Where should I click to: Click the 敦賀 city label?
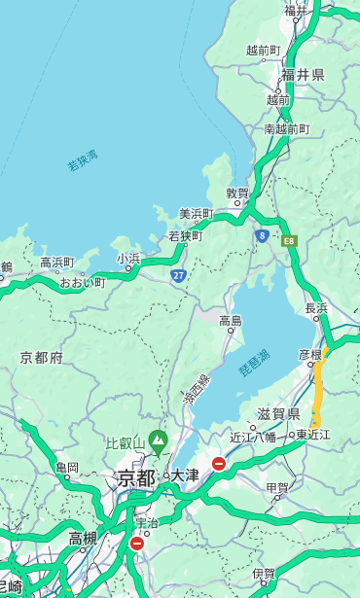click(237, 193)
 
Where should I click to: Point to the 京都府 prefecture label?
click(42, 358)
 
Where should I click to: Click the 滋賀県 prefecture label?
click(278, 414)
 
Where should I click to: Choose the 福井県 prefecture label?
click(303, 75)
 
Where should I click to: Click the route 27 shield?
click(179, 275)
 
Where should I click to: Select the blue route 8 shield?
click(262, 235)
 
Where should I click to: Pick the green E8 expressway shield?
click(288, 239)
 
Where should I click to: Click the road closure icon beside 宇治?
click(136, 544)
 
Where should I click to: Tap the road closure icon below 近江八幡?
click(219, 464)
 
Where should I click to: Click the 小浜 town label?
click(128, 259)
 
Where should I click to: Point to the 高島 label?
click(231, 321)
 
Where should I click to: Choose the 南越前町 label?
click(286, 128)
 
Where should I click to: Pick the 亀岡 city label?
click(67, 468)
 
